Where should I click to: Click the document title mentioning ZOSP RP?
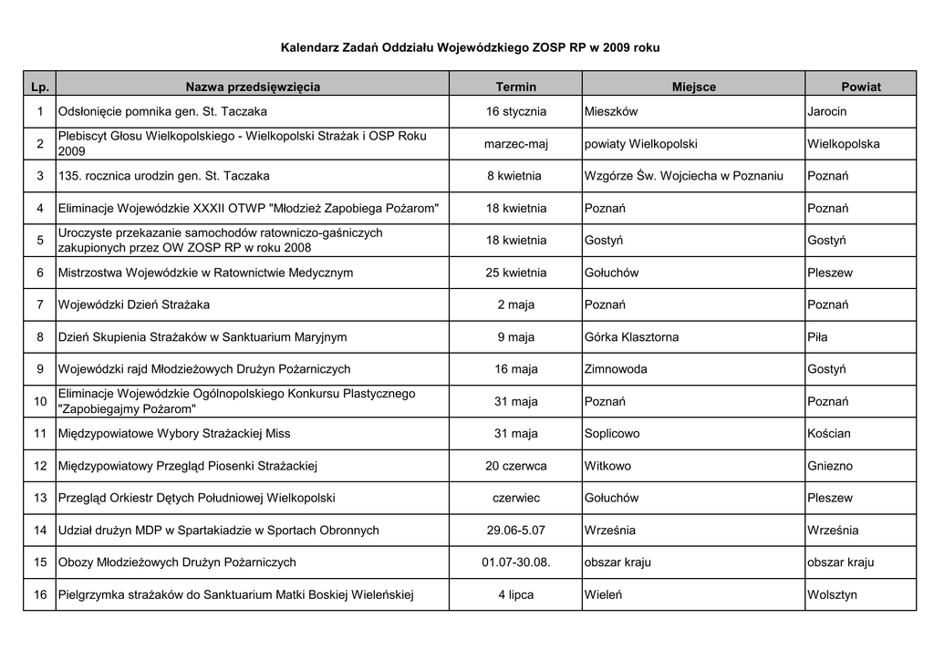470,46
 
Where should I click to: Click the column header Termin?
515,87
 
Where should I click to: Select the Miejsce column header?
693,87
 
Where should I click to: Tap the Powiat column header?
860,87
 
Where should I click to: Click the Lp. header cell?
39,87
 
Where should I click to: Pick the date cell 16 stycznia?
515,111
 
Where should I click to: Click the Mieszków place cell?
611,111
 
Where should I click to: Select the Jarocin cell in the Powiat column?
826,111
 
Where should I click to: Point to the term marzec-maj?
515,144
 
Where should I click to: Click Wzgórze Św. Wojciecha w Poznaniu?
683,176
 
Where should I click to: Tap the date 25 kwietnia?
515,273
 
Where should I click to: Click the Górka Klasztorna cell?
631,337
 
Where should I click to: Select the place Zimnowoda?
616,369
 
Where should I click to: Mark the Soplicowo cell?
612,434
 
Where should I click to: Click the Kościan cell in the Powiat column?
828,434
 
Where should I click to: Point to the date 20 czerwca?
515,466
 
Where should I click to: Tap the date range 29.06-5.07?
515,531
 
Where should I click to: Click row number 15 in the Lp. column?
39,562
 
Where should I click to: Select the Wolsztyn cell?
832,595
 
